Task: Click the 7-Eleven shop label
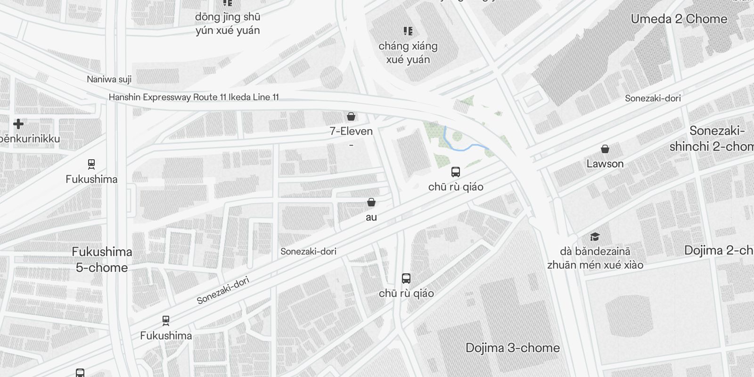click(x=351, y=131)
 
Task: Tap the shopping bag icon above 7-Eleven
click(x=351, y=116)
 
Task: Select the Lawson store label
click(x=605, y=164)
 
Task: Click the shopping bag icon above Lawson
click(x=605, y=149)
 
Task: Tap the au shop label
click(x=371, y=217)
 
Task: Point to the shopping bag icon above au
click(x=371, y=203)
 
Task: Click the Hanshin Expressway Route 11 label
click(x=194, y=98)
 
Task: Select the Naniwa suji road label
click(x=109, y=79)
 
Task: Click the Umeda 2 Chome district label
click(x=679, y=19)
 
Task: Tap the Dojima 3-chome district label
click(x=512, y=348)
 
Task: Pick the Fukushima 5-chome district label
click(x=102, y=260)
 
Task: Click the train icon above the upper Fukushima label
click(x=91, y=164)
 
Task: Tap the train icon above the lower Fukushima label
click(x=166, y=320)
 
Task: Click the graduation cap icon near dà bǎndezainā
click(x=595, y=237)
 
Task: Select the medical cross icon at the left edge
click(x=18, y=124)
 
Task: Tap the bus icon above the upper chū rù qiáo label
click(x=455, y=172)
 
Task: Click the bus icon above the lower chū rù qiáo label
click(x=406, y=278)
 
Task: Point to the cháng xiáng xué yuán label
click(x=408, y=53)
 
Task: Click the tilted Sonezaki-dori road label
click(x=222, y=290)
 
